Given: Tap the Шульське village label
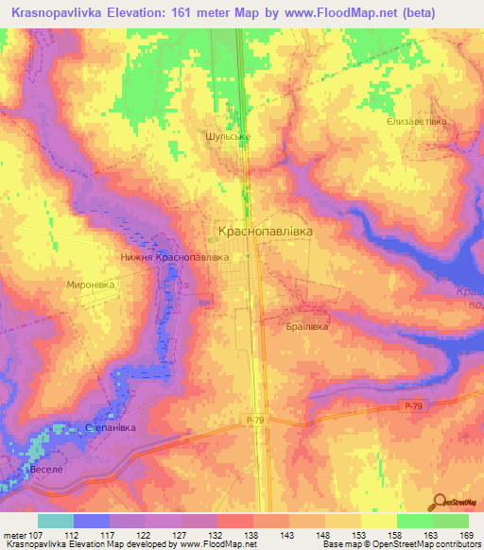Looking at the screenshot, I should point(227,136).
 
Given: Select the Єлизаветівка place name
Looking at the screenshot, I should point(417,122).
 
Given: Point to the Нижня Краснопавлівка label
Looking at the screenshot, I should point(176,256).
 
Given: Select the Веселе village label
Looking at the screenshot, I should point(45,469).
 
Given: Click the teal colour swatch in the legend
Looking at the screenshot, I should point(56,521).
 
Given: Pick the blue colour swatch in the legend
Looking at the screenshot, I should point(92,521).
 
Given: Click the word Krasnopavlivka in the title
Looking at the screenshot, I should point(64,12).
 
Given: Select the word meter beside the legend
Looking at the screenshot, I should point(16,534).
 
